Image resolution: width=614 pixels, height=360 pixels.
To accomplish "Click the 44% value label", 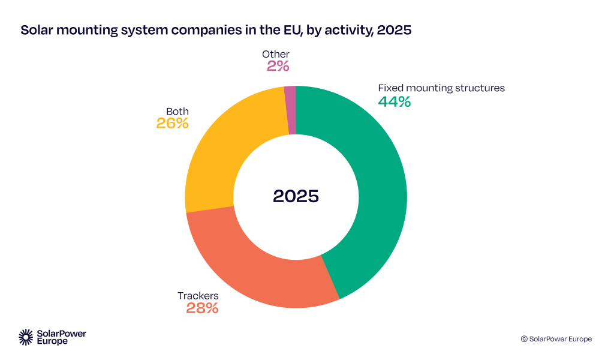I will click(x=394, y=102).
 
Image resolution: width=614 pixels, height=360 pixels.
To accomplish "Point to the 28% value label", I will click(x=202, y=309).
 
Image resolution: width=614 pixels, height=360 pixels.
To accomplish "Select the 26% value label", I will click(x=173, y=124).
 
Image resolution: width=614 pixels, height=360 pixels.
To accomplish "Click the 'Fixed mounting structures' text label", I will click(x=441, y=88).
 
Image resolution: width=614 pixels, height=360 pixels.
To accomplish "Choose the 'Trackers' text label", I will click(x=198, y=296).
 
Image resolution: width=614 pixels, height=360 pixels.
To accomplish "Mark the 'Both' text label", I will click(x=177, y=111).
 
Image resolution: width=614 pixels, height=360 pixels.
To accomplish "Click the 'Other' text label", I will click(x=276, y=55).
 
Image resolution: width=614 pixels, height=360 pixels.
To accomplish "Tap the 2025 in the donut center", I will click(x=296, y=196).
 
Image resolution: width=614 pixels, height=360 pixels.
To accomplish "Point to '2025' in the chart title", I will click(x=393, y=30).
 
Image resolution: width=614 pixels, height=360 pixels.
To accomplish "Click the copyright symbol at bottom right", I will click(x=524, y=339).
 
